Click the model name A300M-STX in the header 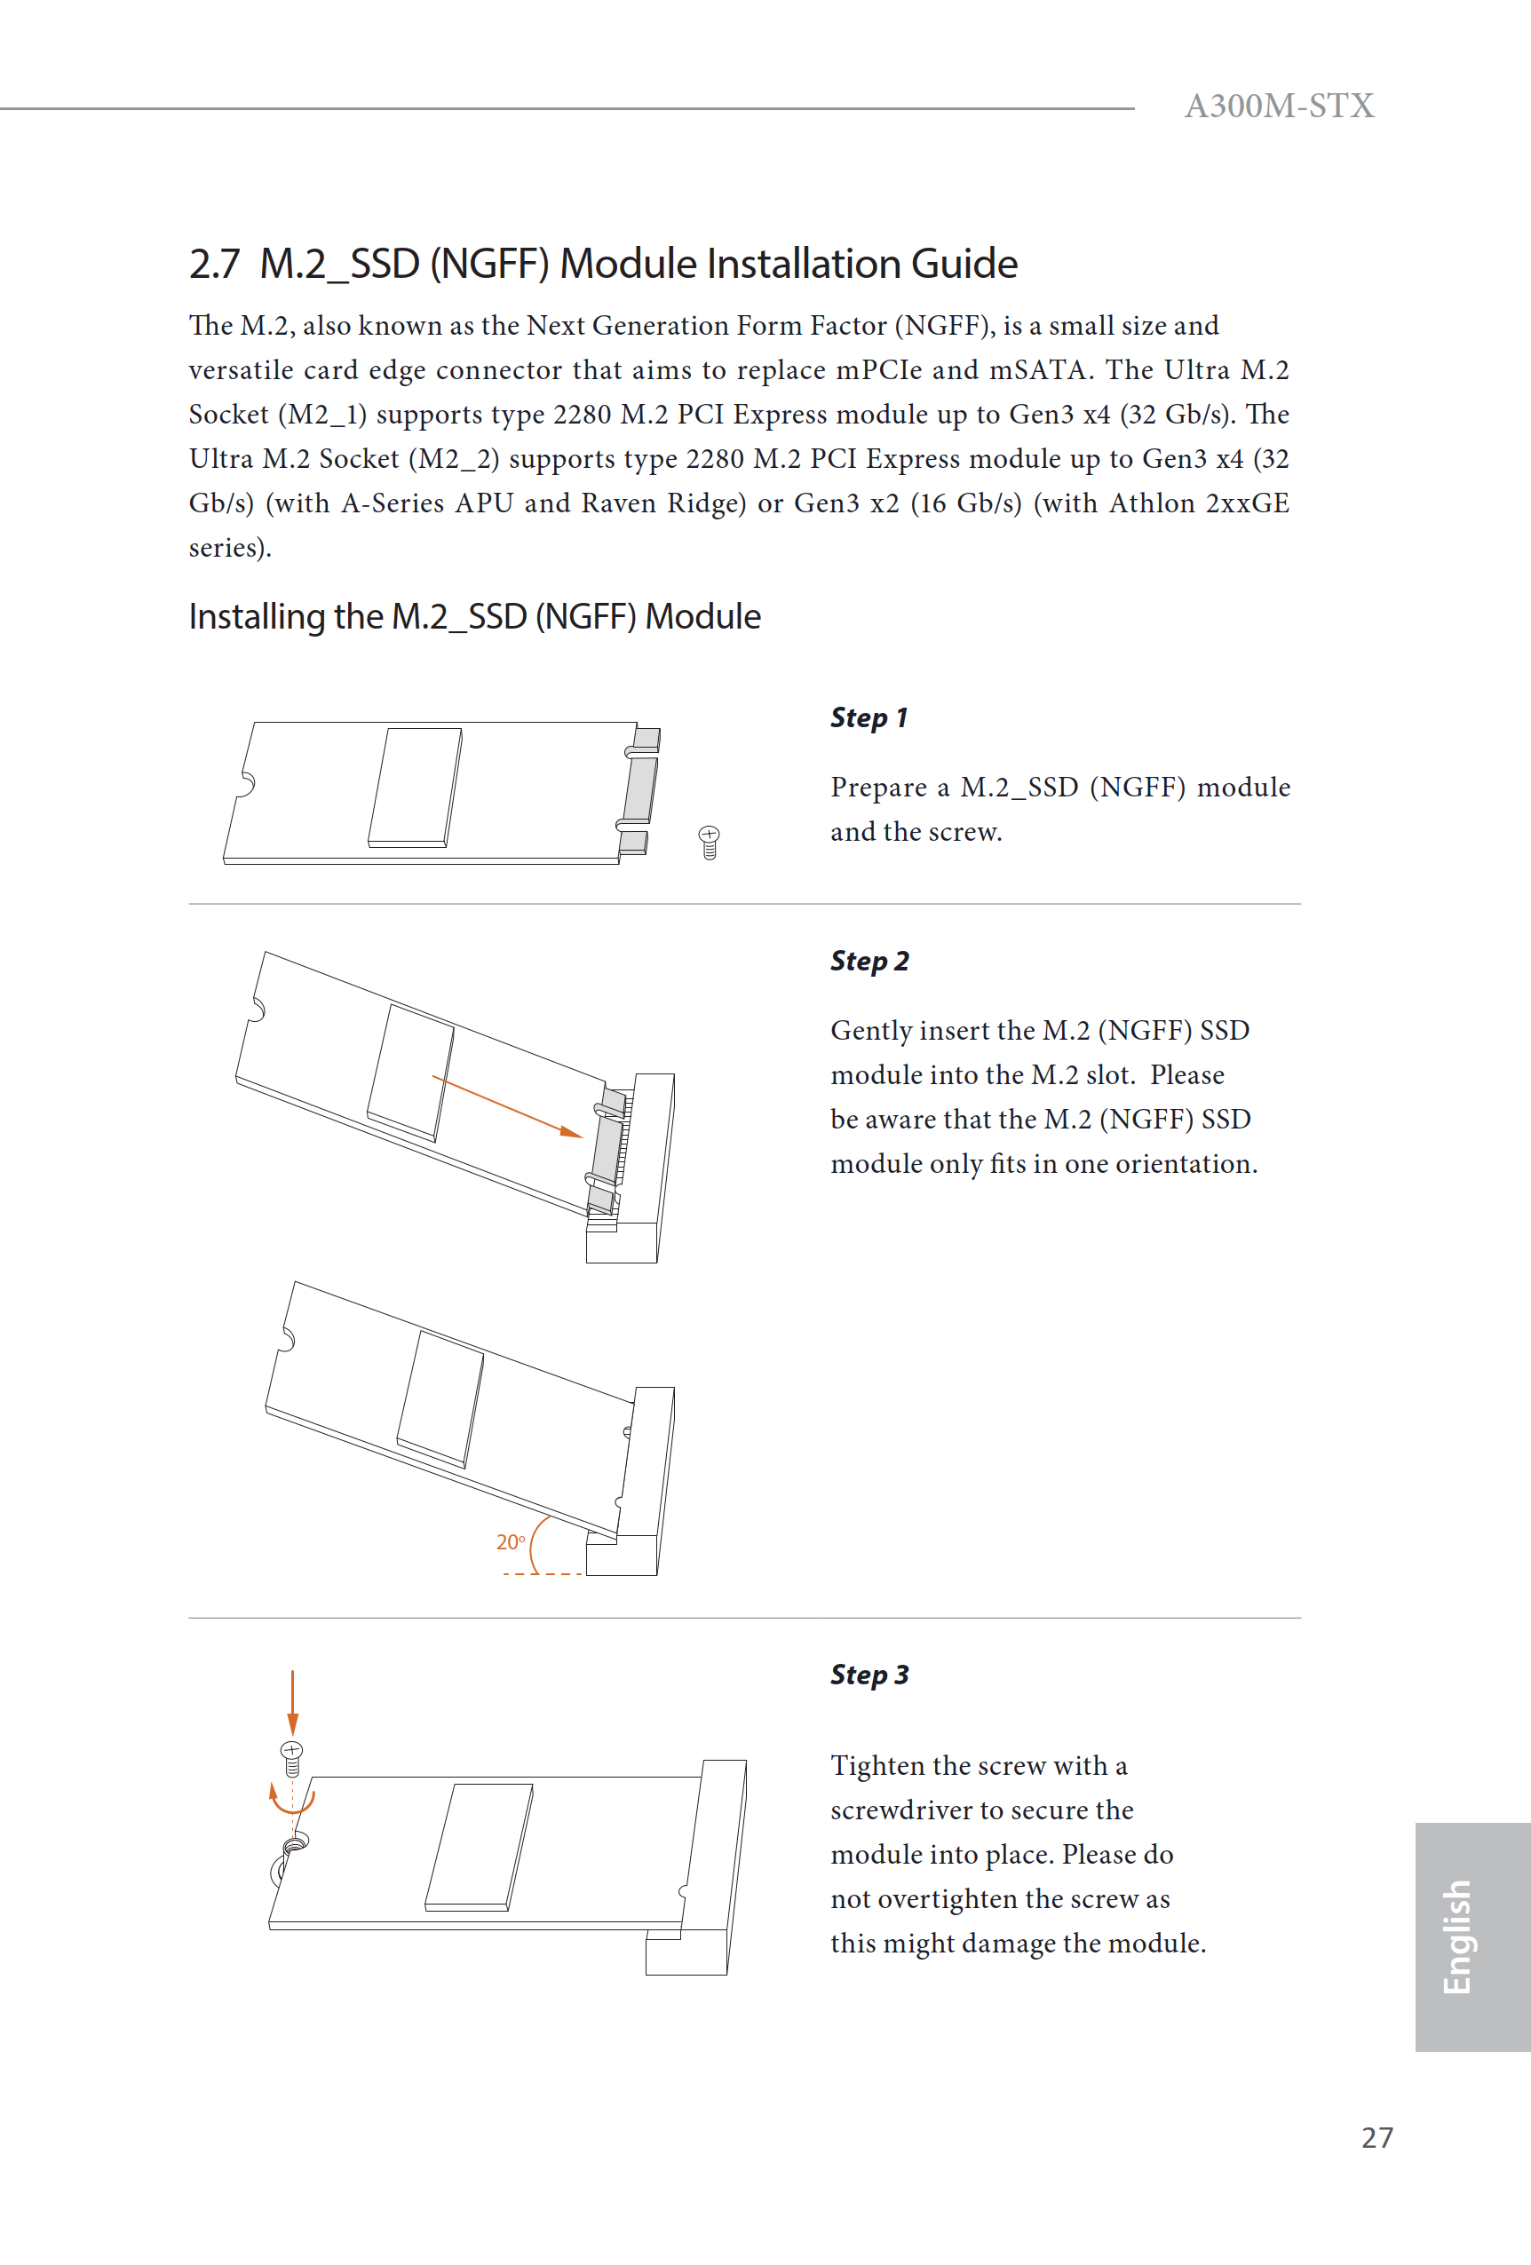(1278, 106)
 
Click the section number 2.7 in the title (213, 264)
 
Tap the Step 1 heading (868, 717)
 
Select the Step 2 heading (869, 961)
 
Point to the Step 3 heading (869, 1675)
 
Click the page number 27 (1376, 2137)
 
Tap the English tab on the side (1456, 1936)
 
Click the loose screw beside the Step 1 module (709, 842)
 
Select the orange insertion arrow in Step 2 (507, 1106)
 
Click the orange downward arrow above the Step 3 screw (292, 1700)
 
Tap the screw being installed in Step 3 (291, 1757)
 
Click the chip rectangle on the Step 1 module (414, 787)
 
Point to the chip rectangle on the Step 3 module (479, 1845)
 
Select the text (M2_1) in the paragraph (321, 415)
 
